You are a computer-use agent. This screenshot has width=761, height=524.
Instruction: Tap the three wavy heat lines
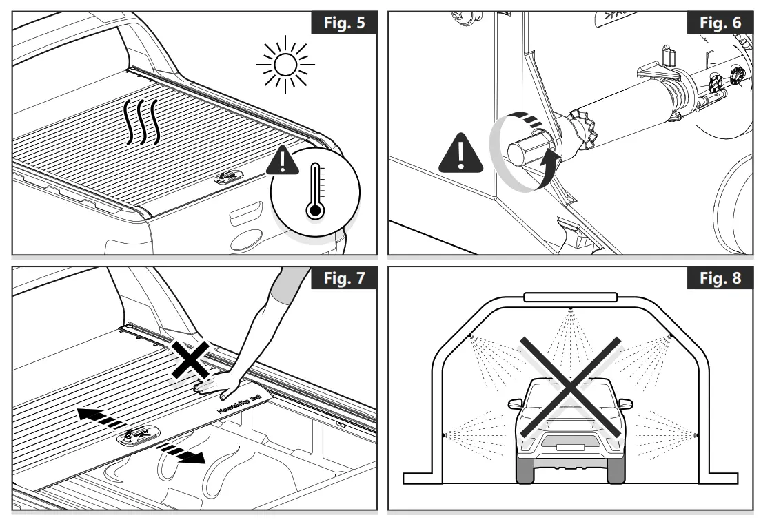coord(141,123)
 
